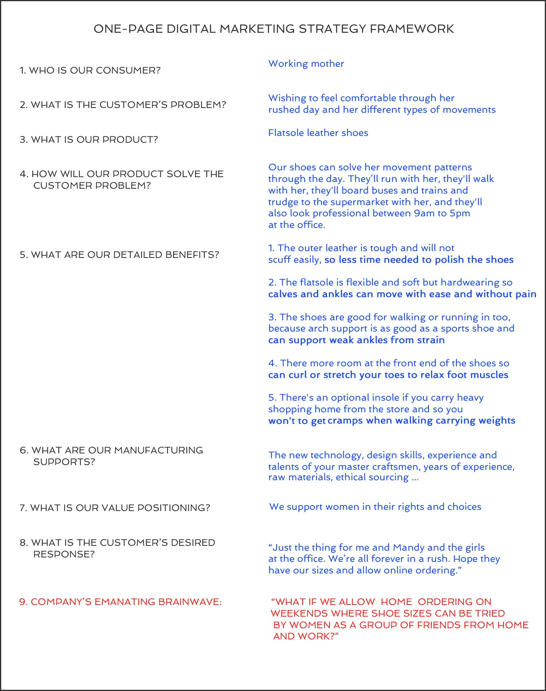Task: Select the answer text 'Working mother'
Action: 306,64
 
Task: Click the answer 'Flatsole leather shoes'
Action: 318,133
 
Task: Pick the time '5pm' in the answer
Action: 460,214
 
